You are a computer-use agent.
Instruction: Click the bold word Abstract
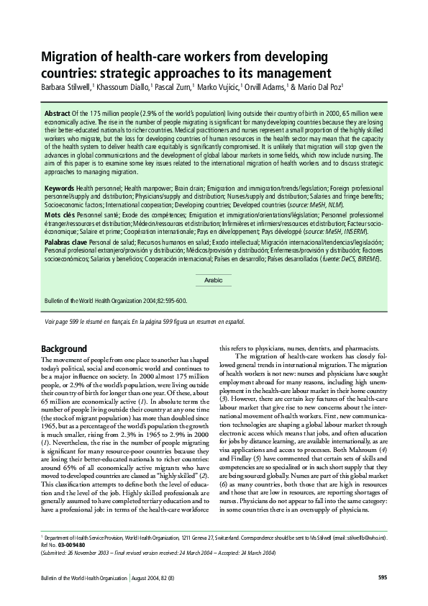[57, 114]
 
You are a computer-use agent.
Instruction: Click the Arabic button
[214, 280]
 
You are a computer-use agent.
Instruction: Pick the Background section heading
[64, 348]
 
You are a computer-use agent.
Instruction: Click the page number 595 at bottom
[381, 577]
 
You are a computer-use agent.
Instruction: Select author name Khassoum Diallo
[123, 88]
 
